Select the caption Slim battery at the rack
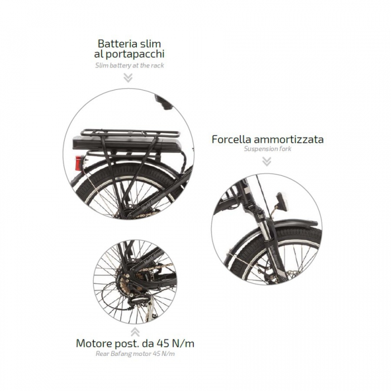(130, 65)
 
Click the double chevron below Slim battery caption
(128, 78)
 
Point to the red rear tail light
(80, 163)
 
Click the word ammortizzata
(289, 139)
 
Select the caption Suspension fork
(268, 149)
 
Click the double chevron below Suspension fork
(266, 161)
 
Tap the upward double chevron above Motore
(135, 332)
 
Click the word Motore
(94, 344)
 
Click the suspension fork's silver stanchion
(265, 230)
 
